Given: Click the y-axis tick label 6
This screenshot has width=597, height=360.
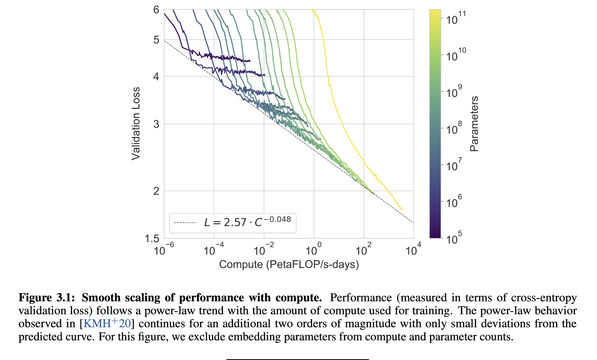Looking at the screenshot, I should click(156, 10).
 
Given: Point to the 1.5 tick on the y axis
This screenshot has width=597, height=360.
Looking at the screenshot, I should click(152, 239).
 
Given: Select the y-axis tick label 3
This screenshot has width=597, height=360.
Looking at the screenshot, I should click(156, 124).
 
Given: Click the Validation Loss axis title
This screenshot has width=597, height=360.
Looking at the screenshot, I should click(136, 124).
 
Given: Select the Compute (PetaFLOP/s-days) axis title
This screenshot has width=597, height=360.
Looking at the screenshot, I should click(289, 265).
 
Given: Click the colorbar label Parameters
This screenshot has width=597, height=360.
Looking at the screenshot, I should click(474, 124).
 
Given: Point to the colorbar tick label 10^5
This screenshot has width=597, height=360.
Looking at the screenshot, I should click(454, 238).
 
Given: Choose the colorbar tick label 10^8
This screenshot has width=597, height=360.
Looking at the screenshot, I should click(454, 128).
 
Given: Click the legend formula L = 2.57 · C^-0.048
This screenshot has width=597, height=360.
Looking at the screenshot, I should click(247, 222).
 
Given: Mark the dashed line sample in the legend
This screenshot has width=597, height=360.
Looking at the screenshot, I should click(185, 223).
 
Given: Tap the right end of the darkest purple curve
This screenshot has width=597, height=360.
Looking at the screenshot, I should click(250, 61).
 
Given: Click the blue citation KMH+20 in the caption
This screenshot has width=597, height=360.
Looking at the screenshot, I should click(107, 324).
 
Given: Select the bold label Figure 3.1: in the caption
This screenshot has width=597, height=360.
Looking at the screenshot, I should click(47, 298).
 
